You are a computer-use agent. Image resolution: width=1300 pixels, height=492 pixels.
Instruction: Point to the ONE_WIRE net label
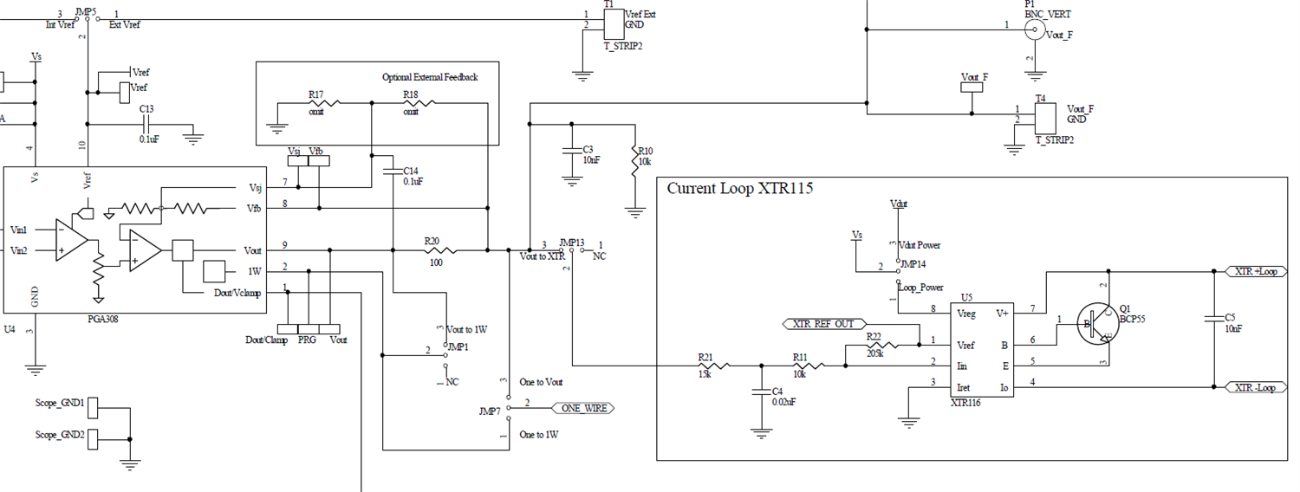click(x=583, y=407)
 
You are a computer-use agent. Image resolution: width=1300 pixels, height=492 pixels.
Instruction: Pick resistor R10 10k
click(x=635, y=165)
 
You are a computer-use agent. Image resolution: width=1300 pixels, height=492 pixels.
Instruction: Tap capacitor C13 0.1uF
click(x=148, y=123)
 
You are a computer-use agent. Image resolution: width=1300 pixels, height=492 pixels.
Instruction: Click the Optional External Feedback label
click(x=430, y=77)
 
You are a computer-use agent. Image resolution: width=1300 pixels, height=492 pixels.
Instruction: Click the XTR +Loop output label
click(x=1256, y=271)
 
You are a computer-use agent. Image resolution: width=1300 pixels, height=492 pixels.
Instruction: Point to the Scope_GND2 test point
click(x=94, y=436)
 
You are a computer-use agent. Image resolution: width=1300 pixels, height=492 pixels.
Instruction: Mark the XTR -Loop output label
click(x=1256, y=387)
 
